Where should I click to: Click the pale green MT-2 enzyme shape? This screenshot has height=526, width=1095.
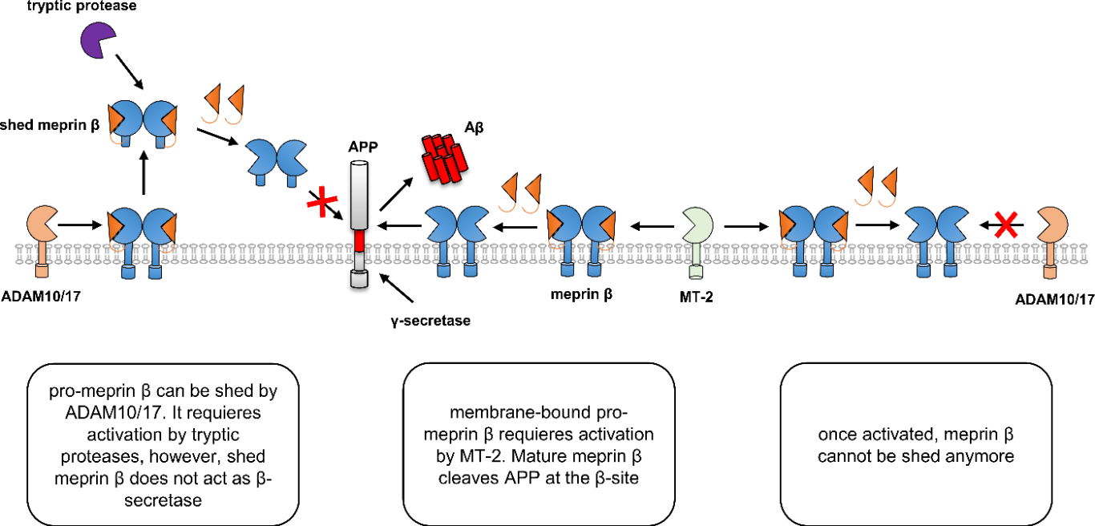[x=697, y=224]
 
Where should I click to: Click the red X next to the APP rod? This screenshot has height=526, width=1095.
[x=321, y=202]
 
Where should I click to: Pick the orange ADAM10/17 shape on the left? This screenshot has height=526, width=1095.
[x=39, y=222]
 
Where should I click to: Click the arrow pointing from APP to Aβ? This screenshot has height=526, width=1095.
[x=398, y=185]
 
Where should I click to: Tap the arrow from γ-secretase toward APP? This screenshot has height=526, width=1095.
[x=397, y=288]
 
